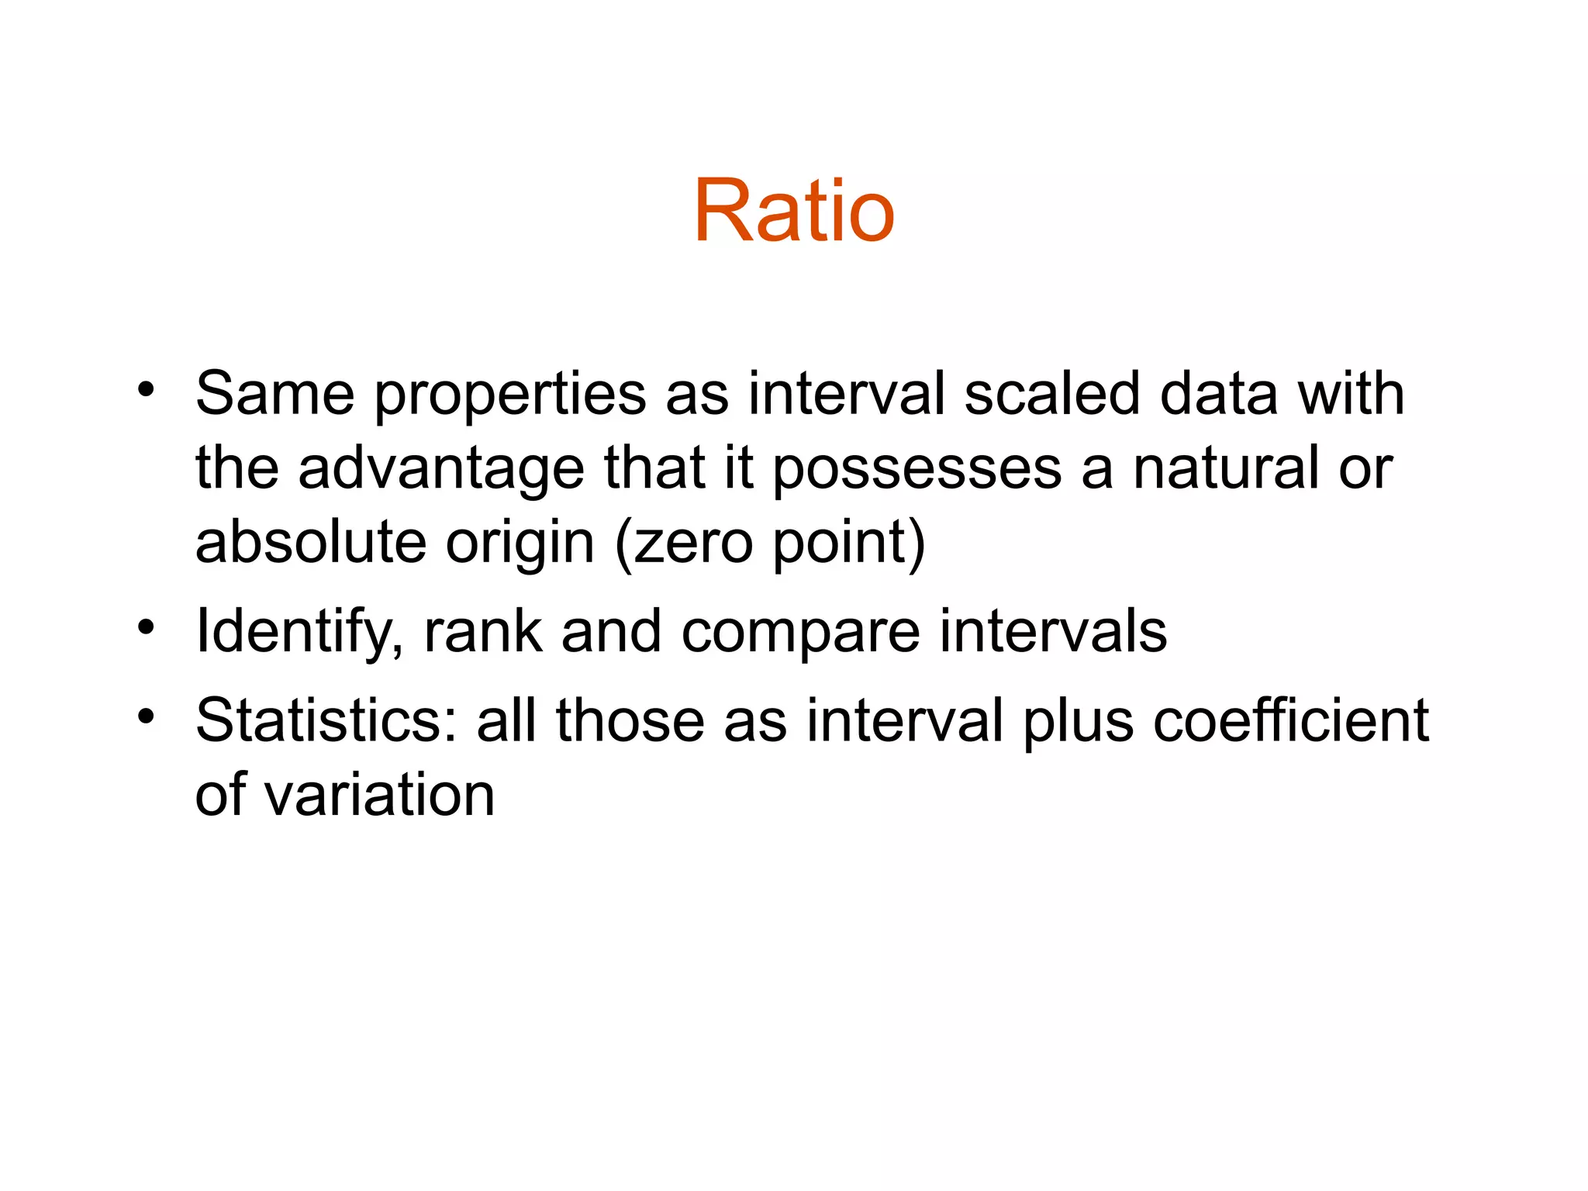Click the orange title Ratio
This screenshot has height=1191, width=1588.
click(794, 211)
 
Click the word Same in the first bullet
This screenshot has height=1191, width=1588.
click(274, 393)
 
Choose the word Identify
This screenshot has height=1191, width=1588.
click(299, 632)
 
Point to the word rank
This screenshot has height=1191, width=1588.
click(483, 631)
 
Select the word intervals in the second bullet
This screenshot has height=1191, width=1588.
click(1053, 631)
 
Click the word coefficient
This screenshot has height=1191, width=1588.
click(1291, 720)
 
